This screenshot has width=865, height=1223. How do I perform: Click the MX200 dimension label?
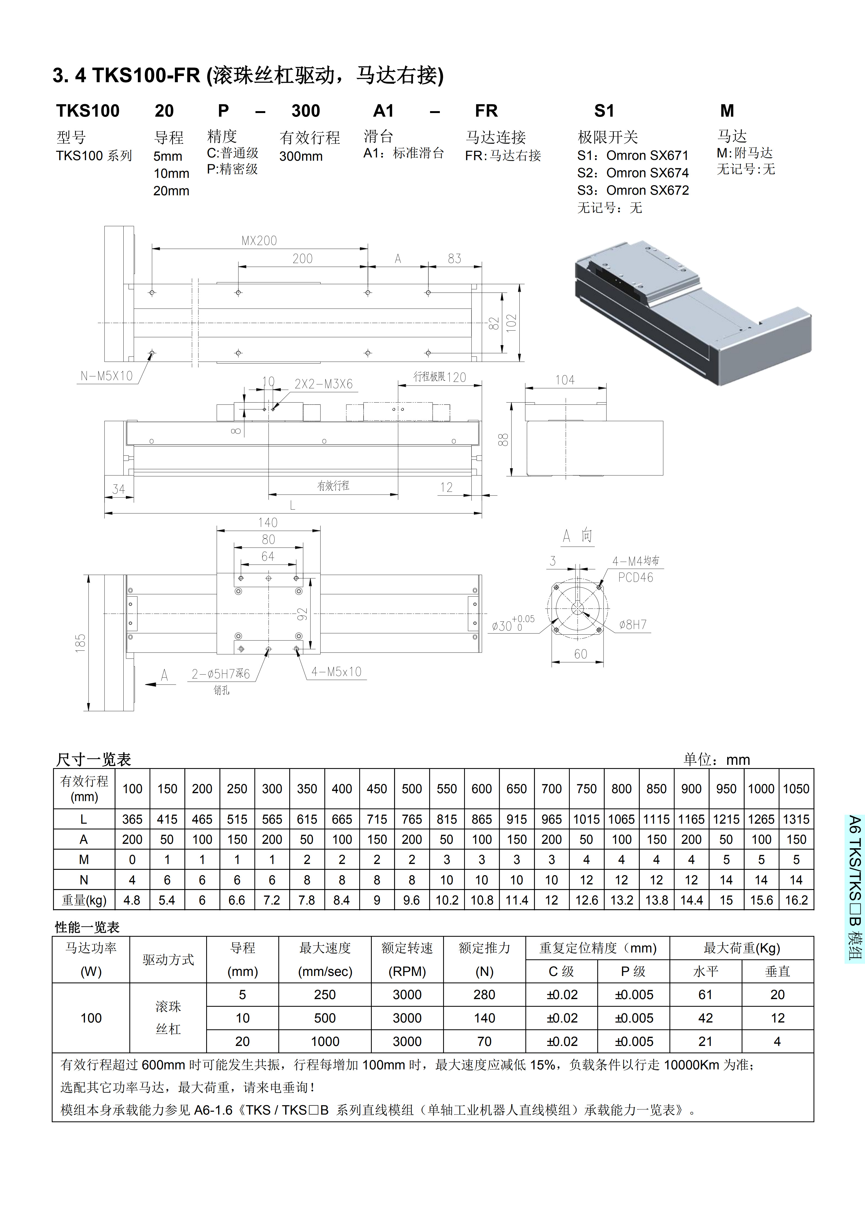coord(259,241)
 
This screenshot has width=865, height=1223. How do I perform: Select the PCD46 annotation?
coord(635,577)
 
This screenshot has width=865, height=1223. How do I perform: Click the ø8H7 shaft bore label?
coord(633,625)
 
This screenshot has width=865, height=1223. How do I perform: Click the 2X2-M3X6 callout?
coord(323,384)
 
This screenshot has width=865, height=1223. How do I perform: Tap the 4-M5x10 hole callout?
coord(336,672)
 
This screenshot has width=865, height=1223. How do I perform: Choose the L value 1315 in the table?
coord(796,819)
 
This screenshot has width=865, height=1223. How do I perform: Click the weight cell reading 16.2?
coord(796,900)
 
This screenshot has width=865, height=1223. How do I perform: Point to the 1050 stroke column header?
coord(796,789)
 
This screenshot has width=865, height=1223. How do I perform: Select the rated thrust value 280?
coord(484,994)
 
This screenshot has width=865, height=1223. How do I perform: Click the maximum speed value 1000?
coord(325,1041)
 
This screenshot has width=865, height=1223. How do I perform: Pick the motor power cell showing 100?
coord(91,1018)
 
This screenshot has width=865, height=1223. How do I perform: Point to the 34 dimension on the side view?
coord(119,489)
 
